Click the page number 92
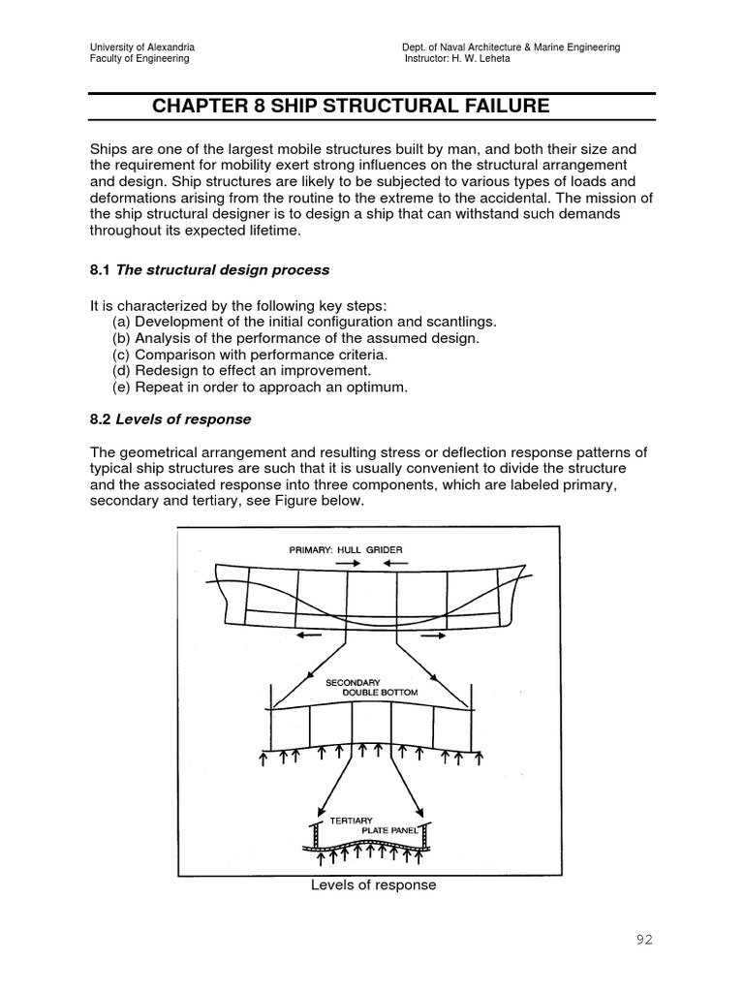tap(645, 940)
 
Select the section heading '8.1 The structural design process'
tap(209, 269)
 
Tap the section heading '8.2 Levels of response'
tap(170, 419)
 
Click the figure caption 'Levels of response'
tap(373, 884)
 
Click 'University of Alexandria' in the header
tap(141, 46)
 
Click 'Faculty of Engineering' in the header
tap(139, 58)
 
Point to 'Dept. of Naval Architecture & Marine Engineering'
tap(511, 46)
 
